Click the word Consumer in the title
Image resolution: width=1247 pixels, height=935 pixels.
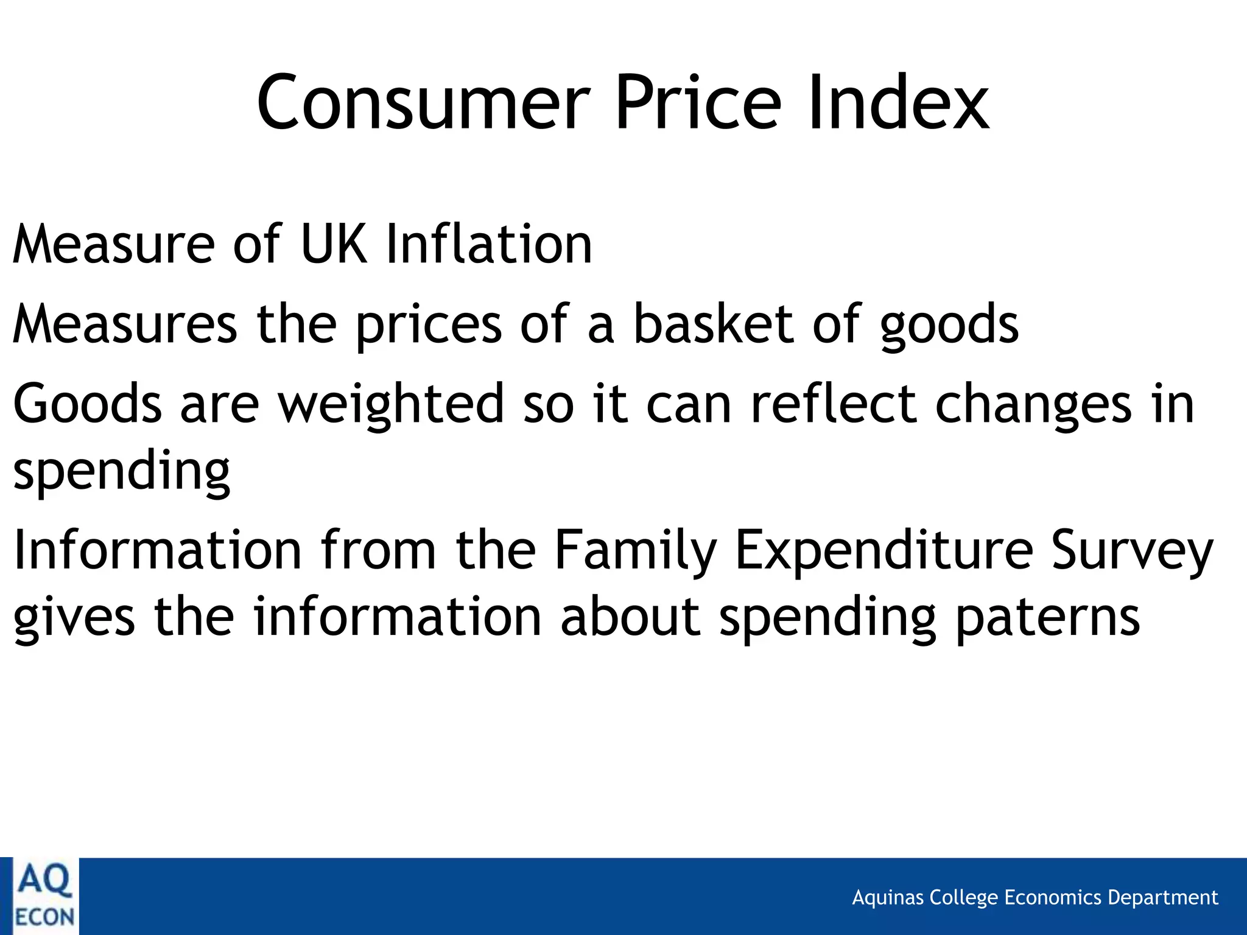(423, 102)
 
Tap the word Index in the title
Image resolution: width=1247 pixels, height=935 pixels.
(899, 102)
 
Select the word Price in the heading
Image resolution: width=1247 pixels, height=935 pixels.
(698, 102)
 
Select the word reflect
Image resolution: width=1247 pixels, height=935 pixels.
(834, 403)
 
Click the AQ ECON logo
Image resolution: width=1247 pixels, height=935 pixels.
(44, 896)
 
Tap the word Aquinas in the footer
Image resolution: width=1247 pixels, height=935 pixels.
(887, 898)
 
